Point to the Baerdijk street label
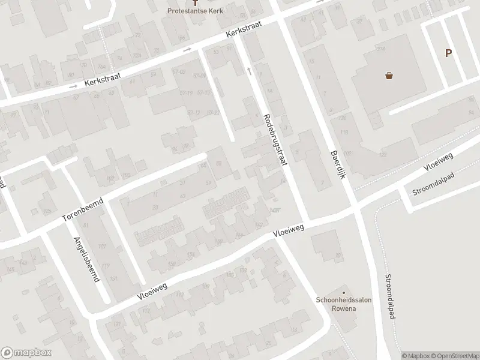[338, 163]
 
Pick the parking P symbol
[448, 53]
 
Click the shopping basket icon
[389, 76]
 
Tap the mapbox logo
[25, 353]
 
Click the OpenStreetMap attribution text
[454, 356]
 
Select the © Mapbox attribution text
[415, 356]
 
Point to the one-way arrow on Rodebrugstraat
[249, 71]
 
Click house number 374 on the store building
[380, 47]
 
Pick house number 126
[343, 117]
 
